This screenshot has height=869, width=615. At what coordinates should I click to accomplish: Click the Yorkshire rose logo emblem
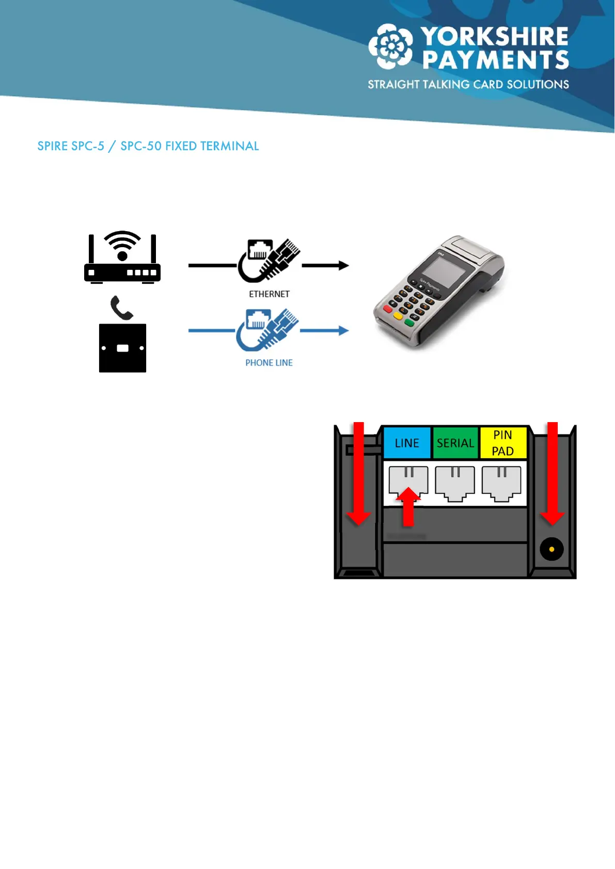point(391,46)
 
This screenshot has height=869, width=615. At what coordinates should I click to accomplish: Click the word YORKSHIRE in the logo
point(495,37)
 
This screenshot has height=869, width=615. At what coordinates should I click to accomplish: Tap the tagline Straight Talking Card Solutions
point(468,85)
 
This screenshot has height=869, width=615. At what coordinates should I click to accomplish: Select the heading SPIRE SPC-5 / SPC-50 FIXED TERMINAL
point(148,146)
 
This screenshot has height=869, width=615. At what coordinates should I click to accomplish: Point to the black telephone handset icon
point(121,308)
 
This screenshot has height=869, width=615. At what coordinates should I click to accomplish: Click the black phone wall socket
point(122,348)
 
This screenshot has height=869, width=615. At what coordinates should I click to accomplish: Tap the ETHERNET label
point(269,294)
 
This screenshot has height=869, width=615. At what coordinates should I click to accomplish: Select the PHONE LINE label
point(269,363)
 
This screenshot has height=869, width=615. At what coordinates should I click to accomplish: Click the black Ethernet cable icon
point(269,260)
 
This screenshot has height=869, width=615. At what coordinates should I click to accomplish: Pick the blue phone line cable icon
point(267,330)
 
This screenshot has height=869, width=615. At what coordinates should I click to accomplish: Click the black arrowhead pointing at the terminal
point(343,266)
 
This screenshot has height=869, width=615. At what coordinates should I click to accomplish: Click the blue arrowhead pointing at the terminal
point(343,331)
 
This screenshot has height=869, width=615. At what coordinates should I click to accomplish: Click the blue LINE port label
point(407,443)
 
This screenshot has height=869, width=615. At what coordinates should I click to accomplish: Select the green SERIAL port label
point(455,443)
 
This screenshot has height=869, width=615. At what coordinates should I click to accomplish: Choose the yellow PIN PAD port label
point(502,443)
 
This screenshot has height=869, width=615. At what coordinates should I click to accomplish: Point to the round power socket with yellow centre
point(551,549)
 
